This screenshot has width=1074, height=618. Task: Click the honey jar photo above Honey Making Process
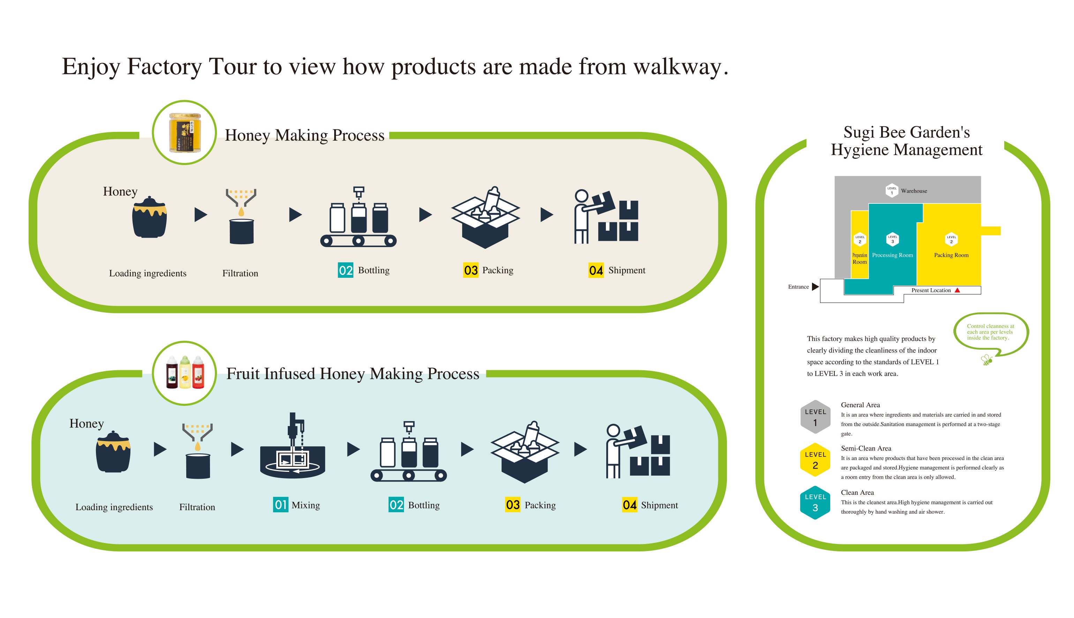coord(185,133)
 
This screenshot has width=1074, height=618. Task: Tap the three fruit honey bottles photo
coord(185,373)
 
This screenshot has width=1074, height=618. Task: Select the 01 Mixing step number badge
coord(280,505)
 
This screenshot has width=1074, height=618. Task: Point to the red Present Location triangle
coord(957,290)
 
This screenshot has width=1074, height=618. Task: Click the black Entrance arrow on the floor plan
coord(815,286)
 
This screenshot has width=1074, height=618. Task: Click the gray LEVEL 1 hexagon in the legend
coord(815,417)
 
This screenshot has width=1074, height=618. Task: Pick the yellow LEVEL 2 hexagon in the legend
coord(815,460)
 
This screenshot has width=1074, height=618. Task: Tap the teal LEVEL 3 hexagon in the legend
coord(815,502)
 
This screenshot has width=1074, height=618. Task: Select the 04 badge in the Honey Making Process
coord(595,270)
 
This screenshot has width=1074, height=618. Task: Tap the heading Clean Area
coord(857,492)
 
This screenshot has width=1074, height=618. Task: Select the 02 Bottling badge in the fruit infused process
coord(396,505)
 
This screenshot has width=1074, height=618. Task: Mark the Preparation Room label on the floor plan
coord(859,259)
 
